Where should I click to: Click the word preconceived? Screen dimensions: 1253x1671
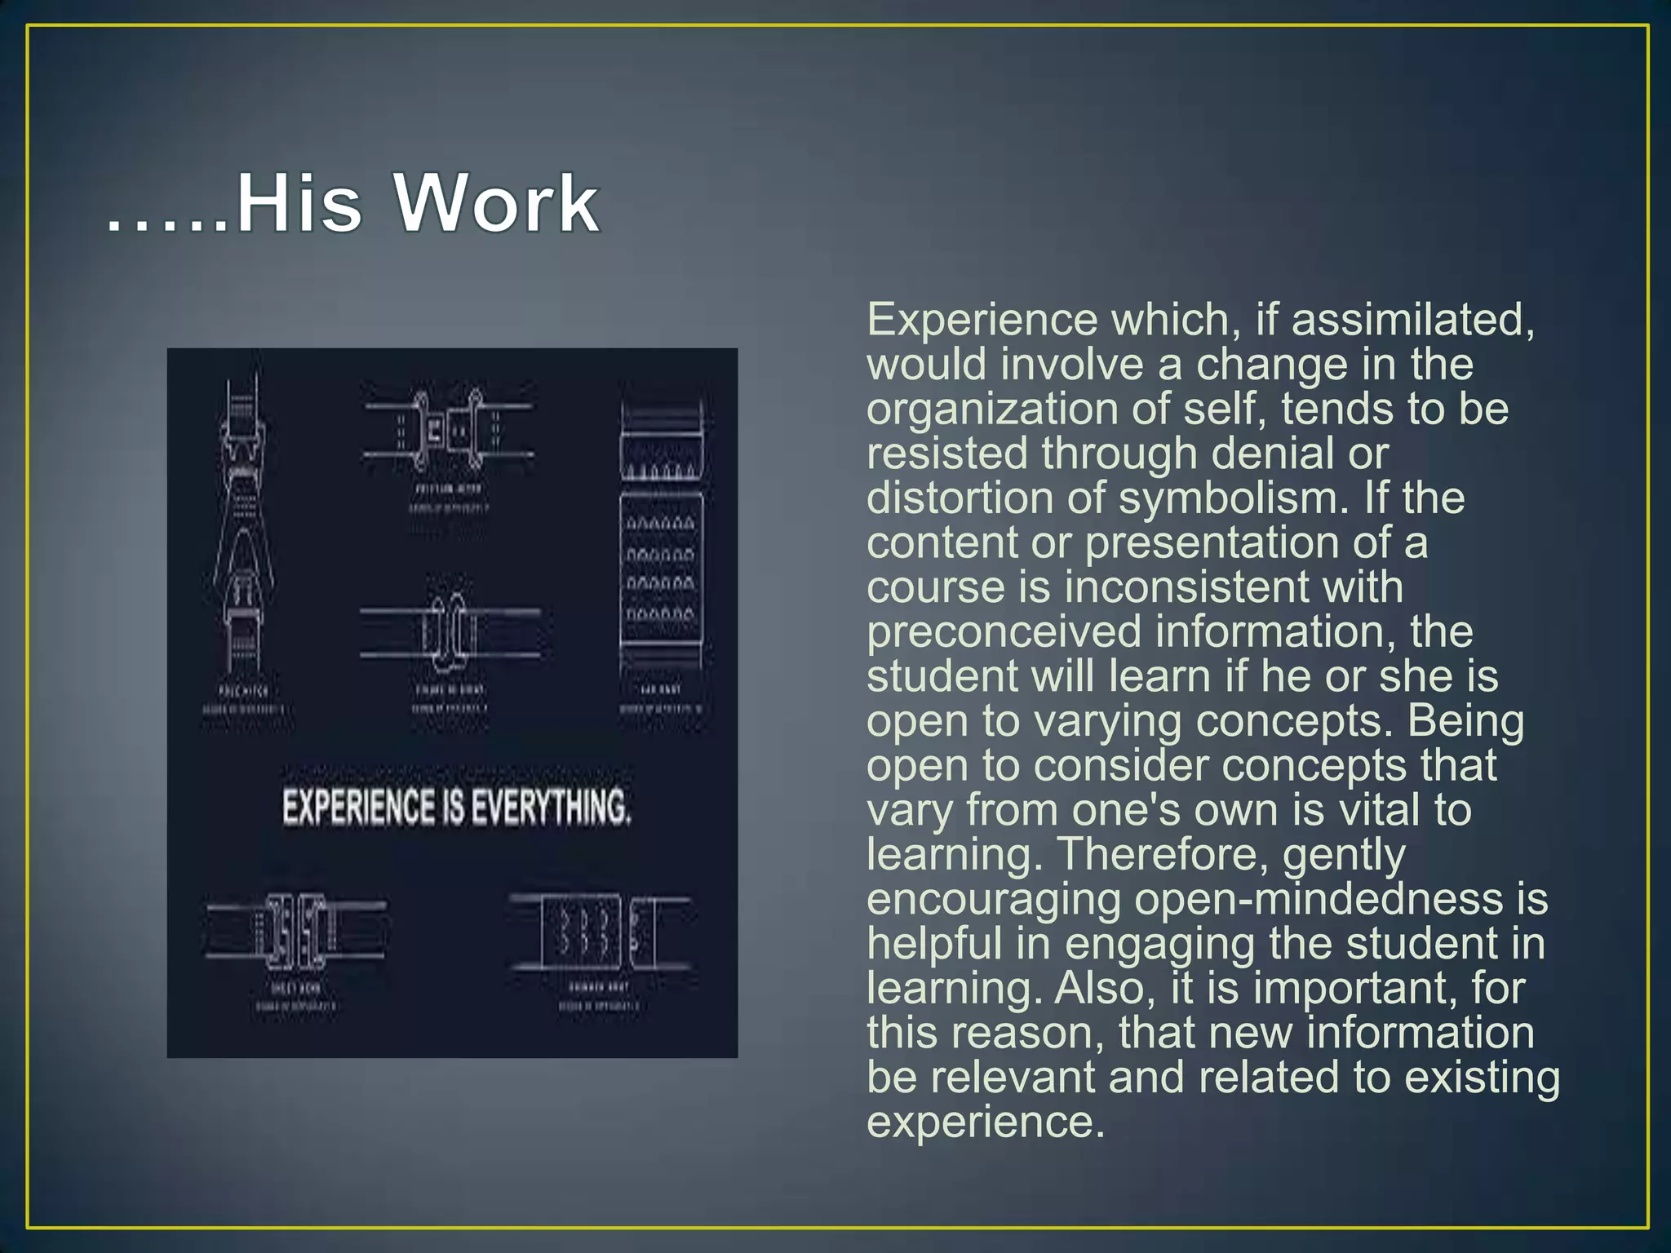1004,632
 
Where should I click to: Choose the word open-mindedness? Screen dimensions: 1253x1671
1319,899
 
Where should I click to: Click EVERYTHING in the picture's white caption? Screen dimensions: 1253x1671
551,807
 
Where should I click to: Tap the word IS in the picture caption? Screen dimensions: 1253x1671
453,807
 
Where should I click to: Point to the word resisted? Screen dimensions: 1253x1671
946,454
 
